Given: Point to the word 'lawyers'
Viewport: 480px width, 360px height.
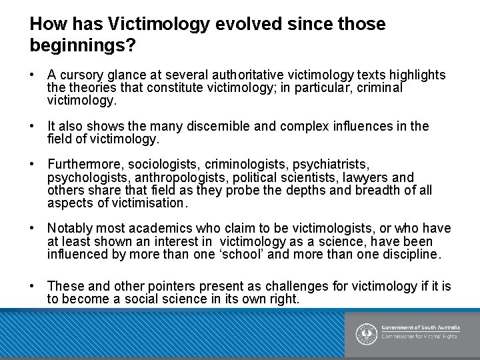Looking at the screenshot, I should (x=367, y=177).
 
